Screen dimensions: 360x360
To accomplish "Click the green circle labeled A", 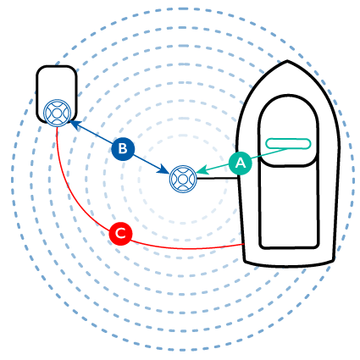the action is pos(240,163).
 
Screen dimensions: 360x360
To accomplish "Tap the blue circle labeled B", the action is pos(123,148).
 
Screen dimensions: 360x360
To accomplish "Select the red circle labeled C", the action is pos(121,234).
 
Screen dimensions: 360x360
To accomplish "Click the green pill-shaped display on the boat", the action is pos(288,144).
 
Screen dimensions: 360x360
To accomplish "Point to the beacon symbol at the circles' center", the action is pos(183,179).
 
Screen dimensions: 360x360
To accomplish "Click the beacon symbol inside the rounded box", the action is pos(57,113).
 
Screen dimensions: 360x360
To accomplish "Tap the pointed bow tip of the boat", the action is pos(287,61).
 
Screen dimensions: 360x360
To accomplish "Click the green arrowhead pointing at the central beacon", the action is pos(202,170).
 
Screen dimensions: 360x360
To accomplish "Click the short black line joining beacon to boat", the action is pos(217,178).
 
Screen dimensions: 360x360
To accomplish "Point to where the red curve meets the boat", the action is pos(244,245).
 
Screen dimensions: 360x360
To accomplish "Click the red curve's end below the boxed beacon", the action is pos(57,127).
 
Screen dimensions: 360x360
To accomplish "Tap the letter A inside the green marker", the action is pos(241,163).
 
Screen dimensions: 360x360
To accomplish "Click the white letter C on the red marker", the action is pos(121,234).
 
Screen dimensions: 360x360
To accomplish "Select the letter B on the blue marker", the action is pos(123,148).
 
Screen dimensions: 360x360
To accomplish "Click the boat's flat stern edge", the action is pos(290,265).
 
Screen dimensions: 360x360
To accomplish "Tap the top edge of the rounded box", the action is pos(57,67).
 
